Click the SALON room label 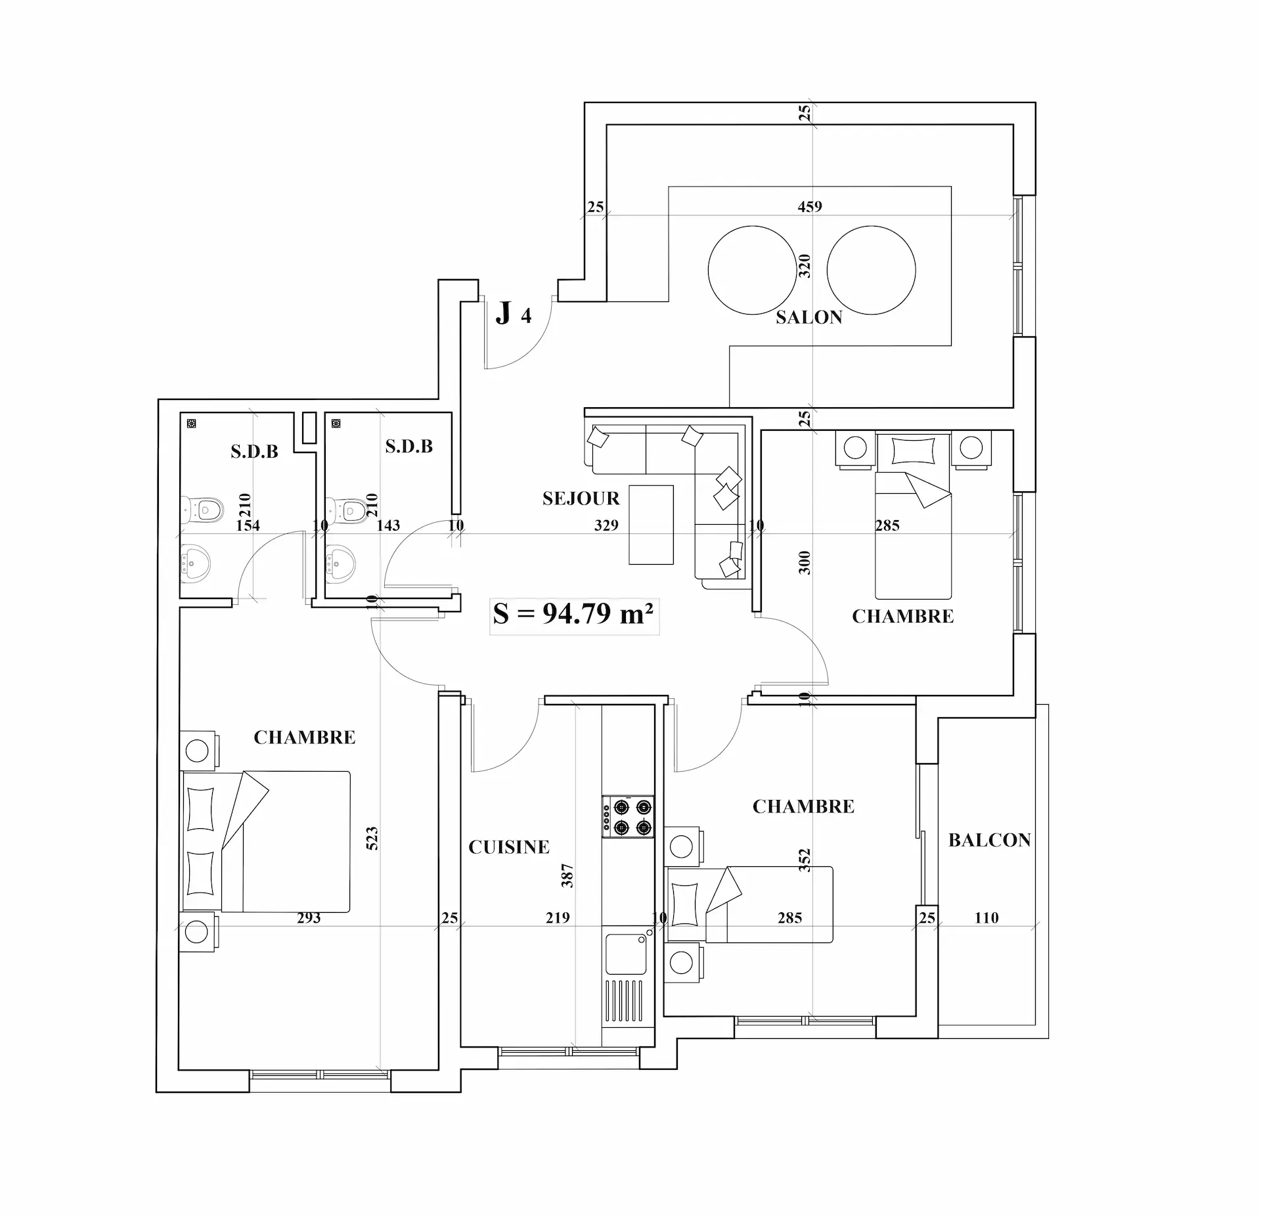(808, 317)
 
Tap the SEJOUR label (581, 498)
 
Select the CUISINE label (509, 847)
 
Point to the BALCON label (990, 840)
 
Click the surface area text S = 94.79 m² (573, 613)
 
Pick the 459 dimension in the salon (810, 206)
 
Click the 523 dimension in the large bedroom (372, 839)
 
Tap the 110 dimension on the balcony (986, 917)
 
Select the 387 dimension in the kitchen (567, 875)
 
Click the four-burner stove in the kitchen (628, 816)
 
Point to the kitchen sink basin (626, 954)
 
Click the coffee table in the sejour (651, 525)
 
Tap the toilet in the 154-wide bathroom (203, 509)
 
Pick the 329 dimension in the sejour (606, 525)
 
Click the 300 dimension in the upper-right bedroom (805, 563)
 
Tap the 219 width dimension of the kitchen (558, 917)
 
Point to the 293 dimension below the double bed (309, 917)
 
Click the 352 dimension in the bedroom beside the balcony (805, 860)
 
